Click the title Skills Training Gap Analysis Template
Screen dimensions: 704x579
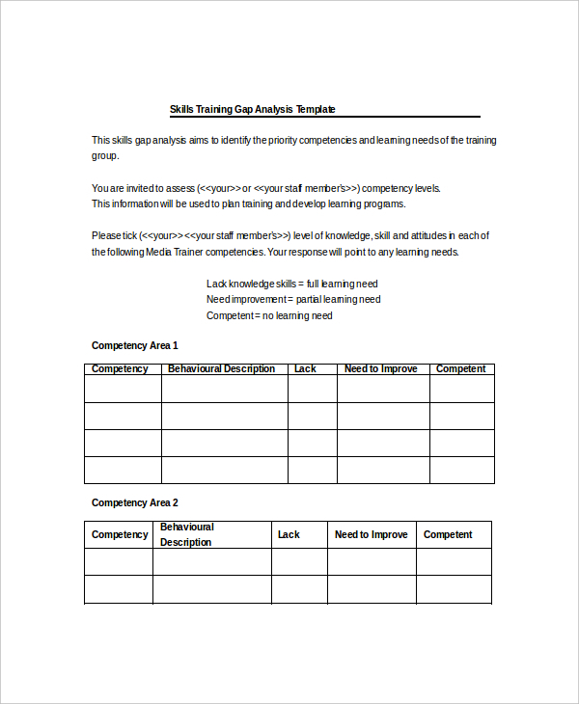pos(252,110)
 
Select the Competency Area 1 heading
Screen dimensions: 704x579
pos(134,345)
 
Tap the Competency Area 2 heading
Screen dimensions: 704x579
pos(134,502)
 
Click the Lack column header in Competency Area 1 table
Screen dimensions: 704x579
pos(305,369)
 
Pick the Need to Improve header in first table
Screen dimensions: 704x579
pos(381,369)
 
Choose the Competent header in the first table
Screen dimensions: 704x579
pos(460,369)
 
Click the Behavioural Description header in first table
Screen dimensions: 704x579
pos(221,369)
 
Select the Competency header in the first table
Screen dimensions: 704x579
pos(120,369)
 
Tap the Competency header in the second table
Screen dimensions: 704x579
pos(120,534)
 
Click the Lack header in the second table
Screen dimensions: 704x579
pos(289,534)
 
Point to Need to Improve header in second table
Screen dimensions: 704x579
pos(371,534)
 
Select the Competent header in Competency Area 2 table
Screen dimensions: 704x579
pos(448,534)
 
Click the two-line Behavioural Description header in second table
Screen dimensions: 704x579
pos(187,534)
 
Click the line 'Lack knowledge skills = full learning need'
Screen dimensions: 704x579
pos(291,284)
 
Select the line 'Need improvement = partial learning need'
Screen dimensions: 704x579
pos(293,299)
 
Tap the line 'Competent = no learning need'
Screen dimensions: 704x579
pos(269,315)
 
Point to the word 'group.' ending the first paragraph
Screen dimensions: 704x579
pos(105,156)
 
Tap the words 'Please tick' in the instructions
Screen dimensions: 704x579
pos(114,236)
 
